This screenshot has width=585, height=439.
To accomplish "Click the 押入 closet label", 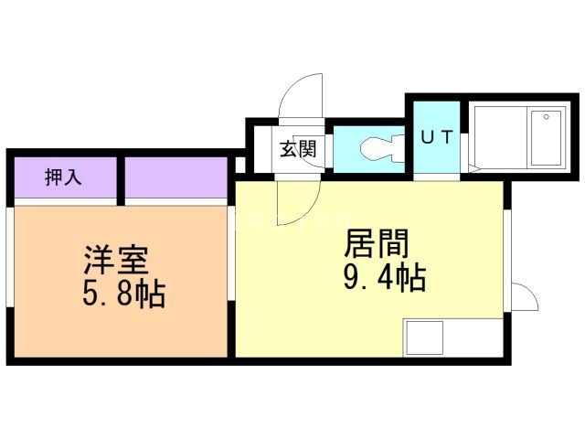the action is (63, 177).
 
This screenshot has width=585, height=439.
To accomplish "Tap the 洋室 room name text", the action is (116, 260).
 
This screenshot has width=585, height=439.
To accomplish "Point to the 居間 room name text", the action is (377, 243).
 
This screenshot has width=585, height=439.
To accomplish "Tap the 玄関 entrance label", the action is (298, 148).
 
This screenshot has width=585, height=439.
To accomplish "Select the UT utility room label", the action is (437, 137).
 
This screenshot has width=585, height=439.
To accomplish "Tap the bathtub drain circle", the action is (547, 117).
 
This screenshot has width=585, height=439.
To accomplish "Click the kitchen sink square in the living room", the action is (424, 337).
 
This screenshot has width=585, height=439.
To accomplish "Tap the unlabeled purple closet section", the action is (176, 177).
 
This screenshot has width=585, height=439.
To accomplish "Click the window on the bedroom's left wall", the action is (10, 257).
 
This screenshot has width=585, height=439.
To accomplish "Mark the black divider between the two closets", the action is (121, 181).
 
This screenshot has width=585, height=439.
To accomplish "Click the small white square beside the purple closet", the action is (240, 165).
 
